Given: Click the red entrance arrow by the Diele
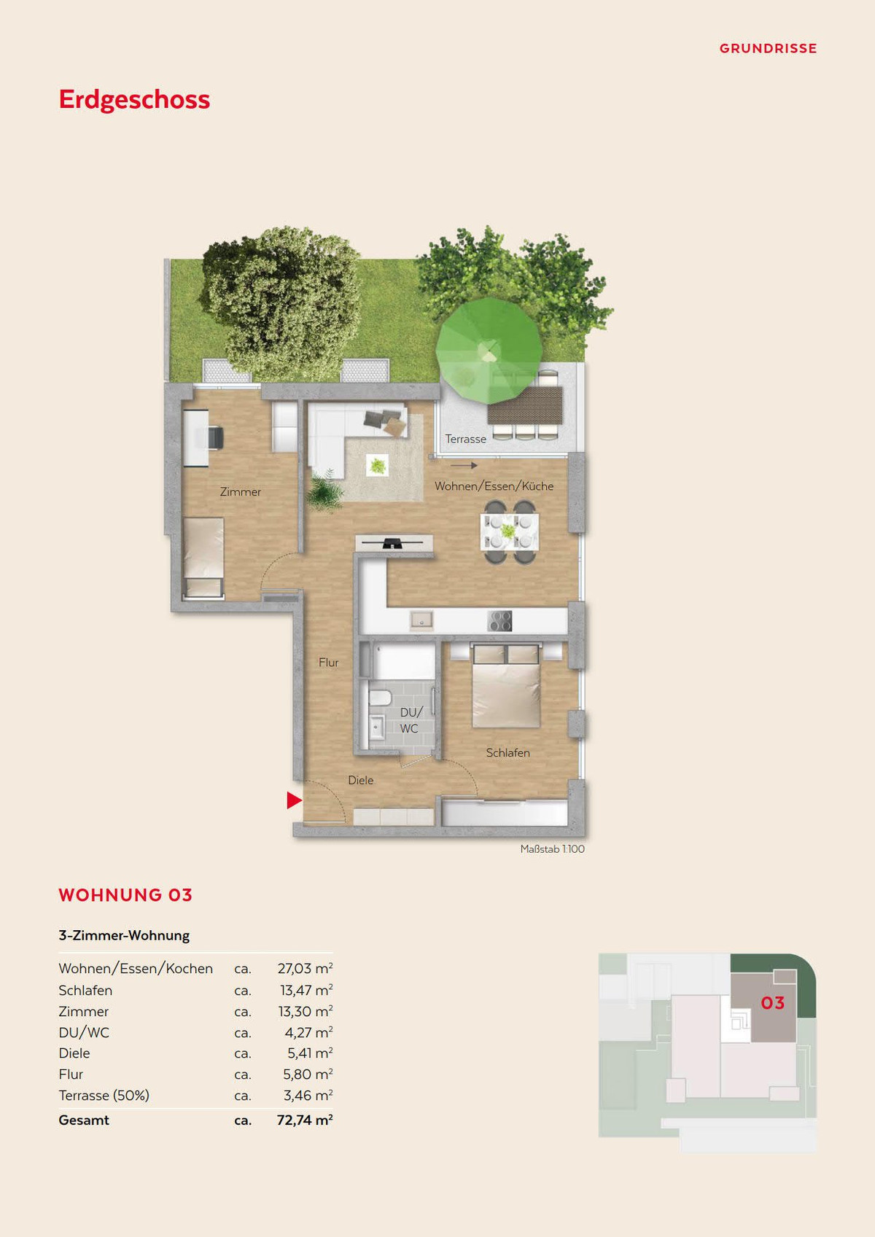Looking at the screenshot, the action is tap(294, 800).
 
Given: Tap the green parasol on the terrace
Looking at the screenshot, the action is tap(489, 351).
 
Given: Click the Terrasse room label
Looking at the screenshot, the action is tap(466, 439).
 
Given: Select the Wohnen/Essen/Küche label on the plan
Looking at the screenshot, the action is tap(494, 486).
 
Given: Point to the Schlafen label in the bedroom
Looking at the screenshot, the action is tap(507, 752).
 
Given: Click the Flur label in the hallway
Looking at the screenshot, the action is tap(329, 662).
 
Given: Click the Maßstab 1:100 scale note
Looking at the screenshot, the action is tap(553, 848).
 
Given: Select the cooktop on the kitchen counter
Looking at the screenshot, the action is tap(499, 621).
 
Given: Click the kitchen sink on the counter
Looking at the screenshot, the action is tap(421, 621).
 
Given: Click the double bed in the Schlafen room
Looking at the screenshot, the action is tap(506, 685).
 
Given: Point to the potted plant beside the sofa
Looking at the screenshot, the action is tap(323, 489).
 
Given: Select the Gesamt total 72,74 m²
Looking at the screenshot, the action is tap(305, 1120).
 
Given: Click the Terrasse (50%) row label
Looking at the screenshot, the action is tap(104, 1096).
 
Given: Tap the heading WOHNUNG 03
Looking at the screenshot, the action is tap(125, 895).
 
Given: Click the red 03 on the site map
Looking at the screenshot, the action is tap(772, 1003).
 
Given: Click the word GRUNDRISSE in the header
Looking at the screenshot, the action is tap(768, 49).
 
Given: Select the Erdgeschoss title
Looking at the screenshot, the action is tap(134, 100).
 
